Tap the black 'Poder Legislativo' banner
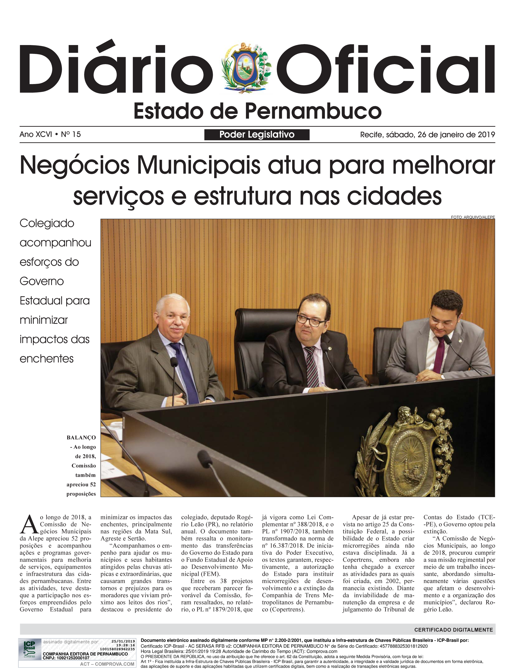click(257, 135)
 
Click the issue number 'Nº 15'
click(71, 134)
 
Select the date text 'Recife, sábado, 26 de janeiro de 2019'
click(427, 135)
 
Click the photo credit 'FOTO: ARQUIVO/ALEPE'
click(473, 217)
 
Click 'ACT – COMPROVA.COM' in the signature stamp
click(107, 664)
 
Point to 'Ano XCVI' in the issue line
click(36, 134)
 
